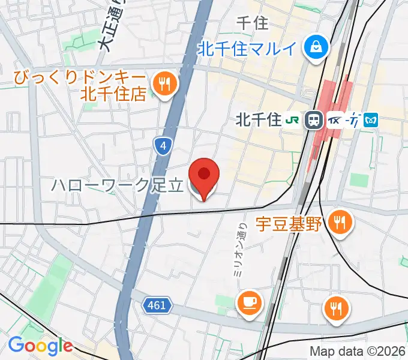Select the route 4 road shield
tap(163, 145)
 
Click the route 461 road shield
tap(157, 306)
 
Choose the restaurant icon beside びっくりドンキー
tap(163, 83)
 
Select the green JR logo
tap(293, 120)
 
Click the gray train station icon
tap(313, 120)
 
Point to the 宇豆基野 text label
tap(289, 224)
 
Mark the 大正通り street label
tap(109, 27)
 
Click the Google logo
tap(40, 346)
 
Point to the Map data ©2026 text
tap(358, 351)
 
